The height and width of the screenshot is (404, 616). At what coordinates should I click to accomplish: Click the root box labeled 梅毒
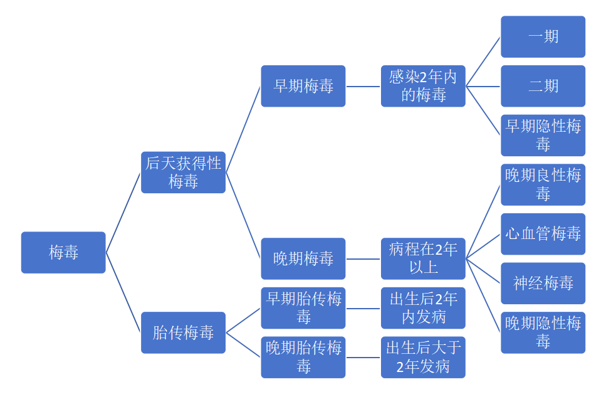tap(63, 252)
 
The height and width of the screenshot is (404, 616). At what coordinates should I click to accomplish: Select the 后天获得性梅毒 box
tap(183, 173)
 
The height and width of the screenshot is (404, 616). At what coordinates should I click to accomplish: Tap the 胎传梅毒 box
tap(183, 332)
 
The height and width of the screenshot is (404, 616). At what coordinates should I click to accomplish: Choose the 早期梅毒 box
tap(303, 86)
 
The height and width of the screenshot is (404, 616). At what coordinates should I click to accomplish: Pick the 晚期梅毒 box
tap(303, 258)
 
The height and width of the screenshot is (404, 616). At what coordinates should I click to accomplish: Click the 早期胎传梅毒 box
tap(303, 308)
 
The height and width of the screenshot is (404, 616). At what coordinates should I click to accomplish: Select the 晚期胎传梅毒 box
tap(303, 357)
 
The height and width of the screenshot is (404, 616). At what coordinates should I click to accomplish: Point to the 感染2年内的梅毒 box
tap(423, 86)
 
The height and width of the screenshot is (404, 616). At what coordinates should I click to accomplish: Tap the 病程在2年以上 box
tap(423, 258)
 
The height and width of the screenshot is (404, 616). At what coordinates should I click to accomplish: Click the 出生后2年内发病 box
tap(423, 308)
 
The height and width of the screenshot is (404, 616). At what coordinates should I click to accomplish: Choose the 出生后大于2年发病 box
tap(423, 357)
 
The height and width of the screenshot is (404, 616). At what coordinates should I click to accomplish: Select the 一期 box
tap(543, 37)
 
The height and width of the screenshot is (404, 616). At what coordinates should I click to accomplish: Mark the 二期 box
tap(543, 86)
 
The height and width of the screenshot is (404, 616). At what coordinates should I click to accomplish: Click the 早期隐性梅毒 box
tap(543, 136)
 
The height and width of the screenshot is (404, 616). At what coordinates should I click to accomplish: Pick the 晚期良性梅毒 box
tap(543, 184)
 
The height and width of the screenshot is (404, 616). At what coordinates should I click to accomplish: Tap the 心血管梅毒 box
tap(543, 234)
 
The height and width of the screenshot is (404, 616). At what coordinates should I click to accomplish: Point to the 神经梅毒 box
tap(543, 283)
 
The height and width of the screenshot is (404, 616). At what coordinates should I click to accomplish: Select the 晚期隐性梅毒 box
tap(543, 332)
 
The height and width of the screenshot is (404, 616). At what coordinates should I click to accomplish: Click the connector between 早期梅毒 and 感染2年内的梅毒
tap(363, 87)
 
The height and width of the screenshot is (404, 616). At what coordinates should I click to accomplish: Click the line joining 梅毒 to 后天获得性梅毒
tap(123, 213)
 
